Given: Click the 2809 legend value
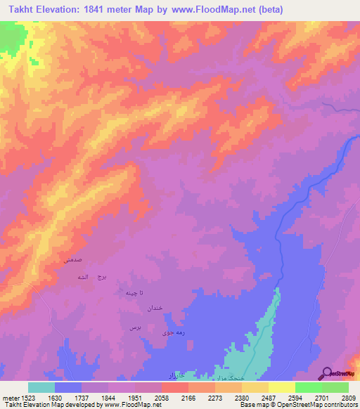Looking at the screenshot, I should (x=349, y=397).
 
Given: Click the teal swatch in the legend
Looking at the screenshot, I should (x=41, y=387).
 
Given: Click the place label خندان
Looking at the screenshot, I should (x=155, y=309).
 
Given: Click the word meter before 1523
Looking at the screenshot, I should (x=9, y=397).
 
